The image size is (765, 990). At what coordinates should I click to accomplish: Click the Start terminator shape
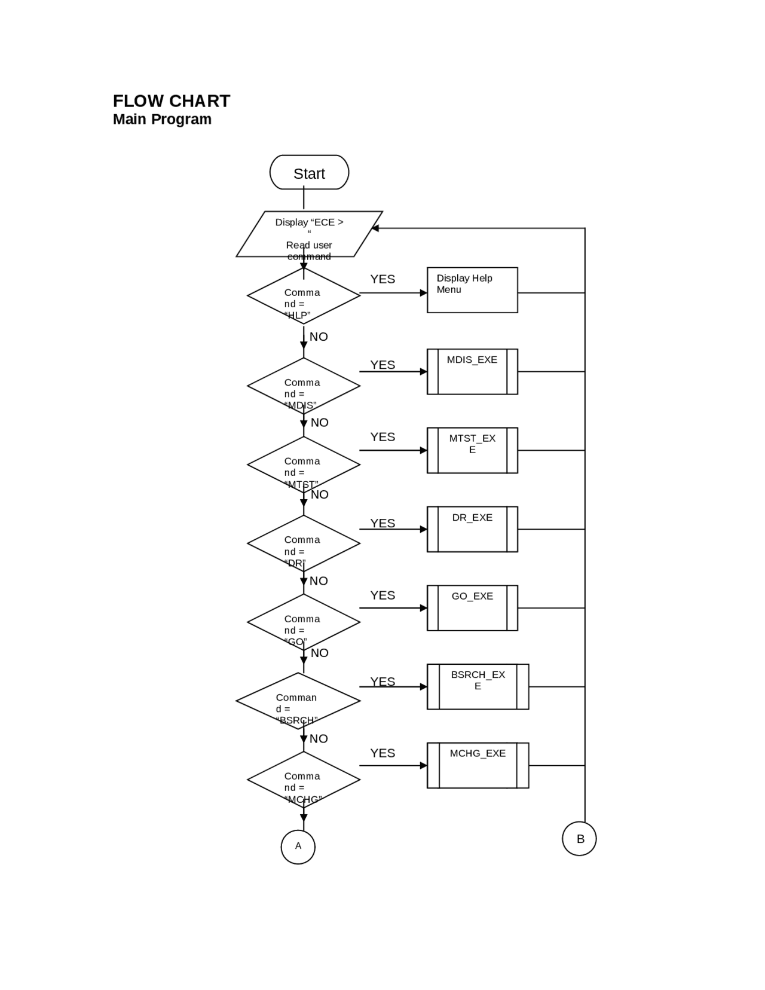pyautogui.click(x=309, y=173)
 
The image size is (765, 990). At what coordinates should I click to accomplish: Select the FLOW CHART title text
pyautogui.click(x=172, y=101)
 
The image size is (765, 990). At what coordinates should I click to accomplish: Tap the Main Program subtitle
pyautogui.click(x=162, y=119)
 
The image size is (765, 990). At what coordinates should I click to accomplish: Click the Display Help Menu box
pyautogui.click(x=472, y=290)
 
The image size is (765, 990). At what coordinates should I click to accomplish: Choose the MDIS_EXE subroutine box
pyautogui.click(x=472, y=371)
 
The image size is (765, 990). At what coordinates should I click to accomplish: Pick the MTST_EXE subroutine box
pyautogui.click(x=472, y=450)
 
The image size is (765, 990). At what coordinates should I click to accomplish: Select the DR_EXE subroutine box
pyautogui.click(x=472, y=529)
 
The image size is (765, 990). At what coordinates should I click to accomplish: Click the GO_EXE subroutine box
pyautogui.click(x=472, y=608)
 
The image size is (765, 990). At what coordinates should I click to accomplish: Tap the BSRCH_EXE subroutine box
pyautogui.click(x=478, y=686)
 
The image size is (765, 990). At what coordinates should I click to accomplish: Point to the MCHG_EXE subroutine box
pyautogui.click(x=478, y=765)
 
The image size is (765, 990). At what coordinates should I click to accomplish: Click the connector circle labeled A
pyautogui.click(x=298, y=847)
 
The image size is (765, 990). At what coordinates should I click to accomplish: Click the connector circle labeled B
pyautogui.click(x=579, y=839)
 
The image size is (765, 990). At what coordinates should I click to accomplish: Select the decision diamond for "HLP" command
pyautogui.click(x=304, y=297)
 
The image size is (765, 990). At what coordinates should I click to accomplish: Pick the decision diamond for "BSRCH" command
pyautogui.click(x=298, y=701)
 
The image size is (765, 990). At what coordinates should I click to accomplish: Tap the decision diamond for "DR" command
pyautogui.click(x=304, y=544)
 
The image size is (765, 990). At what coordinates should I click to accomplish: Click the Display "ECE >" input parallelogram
pyautogui.click(x=309, y=234)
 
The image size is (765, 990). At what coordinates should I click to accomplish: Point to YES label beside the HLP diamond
pyautogui.click(x=382, y=279)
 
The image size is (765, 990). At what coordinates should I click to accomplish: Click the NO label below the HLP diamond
pyautogui.click(x=319, y=337)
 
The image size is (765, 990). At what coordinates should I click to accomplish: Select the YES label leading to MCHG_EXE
pyautogui.click(x=382, y=753)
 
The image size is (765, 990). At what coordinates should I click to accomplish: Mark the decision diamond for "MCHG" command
pyautogui.click(x=304, y=780)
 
